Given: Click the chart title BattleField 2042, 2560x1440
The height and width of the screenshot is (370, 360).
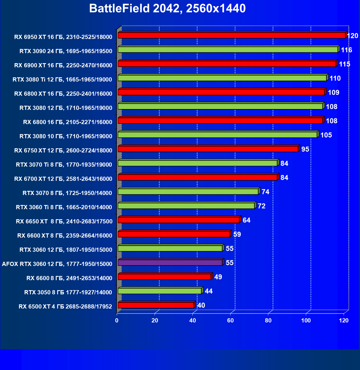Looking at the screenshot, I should pyautogui.click(x=167, y=9).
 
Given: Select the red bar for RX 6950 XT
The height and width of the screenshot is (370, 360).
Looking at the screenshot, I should pyautogui.click(x=231, y=35).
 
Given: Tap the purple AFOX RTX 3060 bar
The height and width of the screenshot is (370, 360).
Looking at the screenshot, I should pyautogui.click(x=170, y=262).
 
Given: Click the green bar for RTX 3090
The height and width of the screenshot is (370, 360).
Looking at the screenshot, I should pyautogui.click(x=228, y=50).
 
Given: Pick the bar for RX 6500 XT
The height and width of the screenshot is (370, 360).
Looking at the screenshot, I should pyautogui.click(x=156, y=305).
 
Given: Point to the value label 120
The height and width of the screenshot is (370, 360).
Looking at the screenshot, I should pyautogui.click(x=352, y=36).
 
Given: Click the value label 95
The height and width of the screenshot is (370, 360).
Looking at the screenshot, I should pyautogui.click(x=305, y=149).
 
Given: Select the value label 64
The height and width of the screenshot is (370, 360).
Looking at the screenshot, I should pyautogui.click(x=246, y=220).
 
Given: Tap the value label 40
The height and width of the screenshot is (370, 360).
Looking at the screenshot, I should pyautogui.click(x=201, y=305).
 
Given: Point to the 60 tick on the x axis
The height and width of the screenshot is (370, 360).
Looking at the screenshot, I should pyautogui.click(x=230, y=320).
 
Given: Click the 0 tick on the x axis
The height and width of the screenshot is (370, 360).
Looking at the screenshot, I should pyautogui.click(x=117, y=320).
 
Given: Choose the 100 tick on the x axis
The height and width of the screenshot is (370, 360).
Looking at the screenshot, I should pyautogui.click(x=306, y=320).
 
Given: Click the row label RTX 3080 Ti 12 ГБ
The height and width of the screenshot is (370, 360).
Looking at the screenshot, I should pyautogui.click(x=62, y=80).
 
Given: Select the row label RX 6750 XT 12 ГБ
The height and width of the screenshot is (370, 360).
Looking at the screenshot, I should pyautogui.click(x=63, y=151).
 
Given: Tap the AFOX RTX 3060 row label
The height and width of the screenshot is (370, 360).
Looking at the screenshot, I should pyautogui.click(x=57, y=264).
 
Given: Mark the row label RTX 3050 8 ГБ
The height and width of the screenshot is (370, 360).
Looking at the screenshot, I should pyautogui.click(x=68, y=292).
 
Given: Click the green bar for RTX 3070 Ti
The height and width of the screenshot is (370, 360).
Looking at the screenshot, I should pyautogui.click(x=197, y=163).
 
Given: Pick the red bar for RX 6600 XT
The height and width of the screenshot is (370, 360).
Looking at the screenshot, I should pyautogui.click(x=174, y=234).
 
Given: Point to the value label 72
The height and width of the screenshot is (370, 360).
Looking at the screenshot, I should pyautogui.click(x=262, y=206).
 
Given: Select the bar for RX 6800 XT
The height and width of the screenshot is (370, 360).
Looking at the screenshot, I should pyautogui.click(x=221, y=92).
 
